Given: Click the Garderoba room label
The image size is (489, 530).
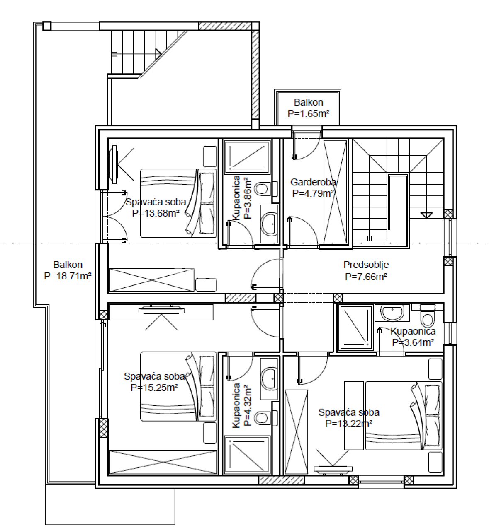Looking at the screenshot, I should tap(313, 182).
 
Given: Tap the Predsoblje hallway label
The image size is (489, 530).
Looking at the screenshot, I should tap(366, 265).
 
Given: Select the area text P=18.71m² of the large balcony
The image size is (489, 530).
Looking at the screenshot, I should tap(68, 276).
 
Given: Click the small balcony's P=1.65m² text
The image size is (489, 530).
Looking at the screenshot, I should tap(309, 114).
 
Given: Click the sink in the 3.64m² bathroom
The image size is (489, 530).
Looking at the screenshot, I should tap(392, 313).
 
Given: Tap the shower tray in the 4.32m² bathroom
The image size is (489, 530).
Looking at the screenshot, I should tap(247, 455).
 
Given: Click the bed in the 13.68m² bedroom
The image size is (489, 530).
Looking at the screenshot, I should tap(178, 203).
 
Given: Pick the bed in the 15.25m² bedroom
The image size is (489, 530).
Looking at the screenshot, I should tap(178, 386).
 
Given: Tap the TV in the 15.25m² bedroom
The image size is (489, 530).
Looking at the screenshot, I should tap(161, 308).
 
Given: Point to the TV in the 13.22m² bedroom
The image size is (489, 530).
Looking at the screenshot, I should tap(333, 469).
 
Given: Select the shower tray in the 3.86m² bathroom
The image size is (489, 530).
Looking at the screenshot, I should tap(247, 157).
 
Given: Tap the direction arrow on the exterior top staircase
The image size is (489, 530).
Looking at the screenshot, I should tap(158, 53).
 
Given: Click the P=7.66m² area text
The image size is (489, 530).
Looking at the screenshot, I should tap(366, 277).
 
